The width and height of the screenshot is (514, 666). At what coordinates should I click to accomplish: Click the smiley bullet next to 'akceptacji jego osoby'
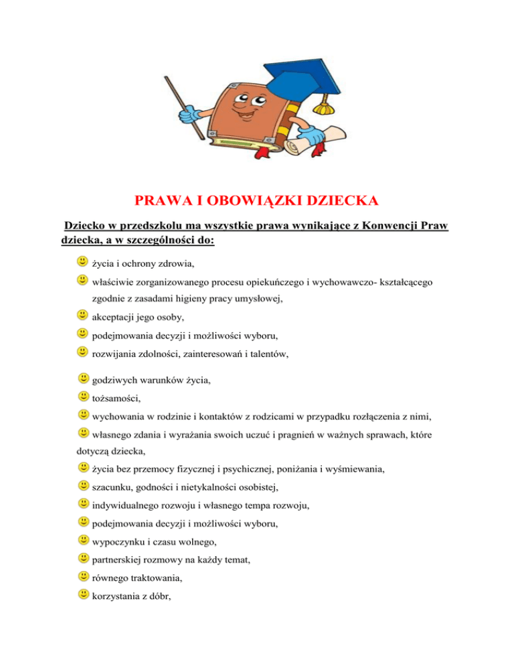pos(82,314)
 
